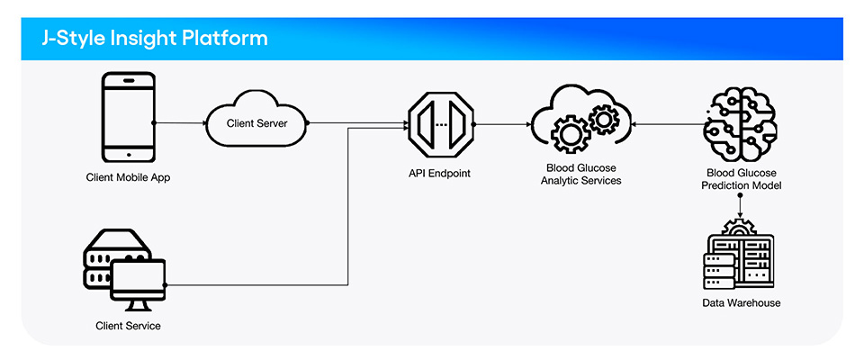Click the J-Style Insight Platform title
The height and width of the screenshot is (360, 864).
(x=153, y=39)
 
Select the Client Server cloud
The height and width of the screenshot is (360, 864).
(x=257, y=123)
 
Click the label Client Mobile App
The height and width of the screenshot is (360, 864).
(x=128, y=177)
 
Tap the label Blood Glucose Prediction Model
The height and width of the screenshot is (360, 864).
(x=740, y=178)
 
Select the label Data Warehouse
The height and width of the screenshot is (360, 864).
(x=742, y=303)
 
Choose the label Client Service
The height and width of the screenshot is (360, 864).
(x=128, y=325)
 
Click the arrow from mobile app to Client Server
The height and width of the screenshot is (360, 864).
(x=180, y=122)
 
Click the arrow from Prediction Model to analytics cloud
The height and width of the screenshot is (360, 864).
(x=666, y=123)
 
